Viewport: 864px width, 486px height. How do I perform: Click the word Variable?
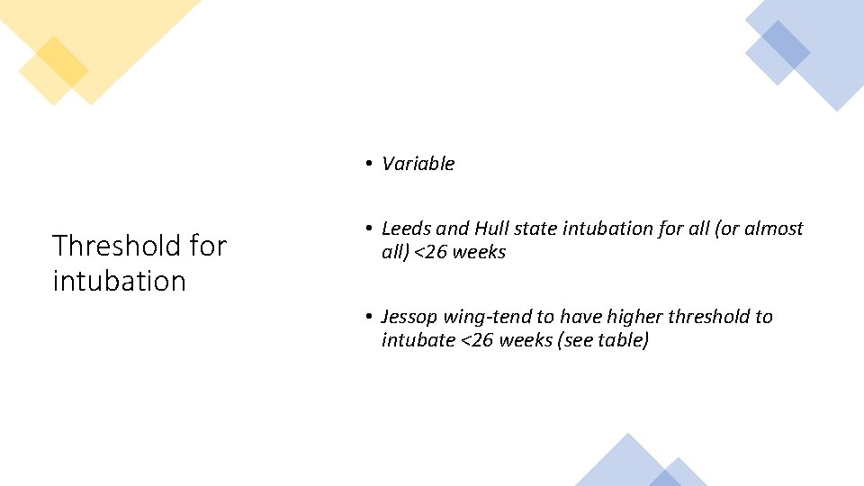pos(418,164)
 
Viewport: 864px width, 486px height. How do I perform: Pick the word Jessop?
pos(409,317)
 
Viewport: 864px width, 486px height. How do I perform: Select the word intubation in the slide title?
pos(119,281)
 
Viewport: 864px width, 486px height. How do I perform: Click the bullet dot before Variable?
pos(369,164)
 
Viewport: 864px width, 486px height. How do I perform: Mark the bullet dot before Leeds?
pos(369,229)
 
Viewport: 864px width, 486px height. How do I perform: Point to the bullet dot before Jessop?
pos(369,317)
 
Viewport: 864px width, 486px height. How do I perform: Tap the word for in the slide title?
pos(209,245)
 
